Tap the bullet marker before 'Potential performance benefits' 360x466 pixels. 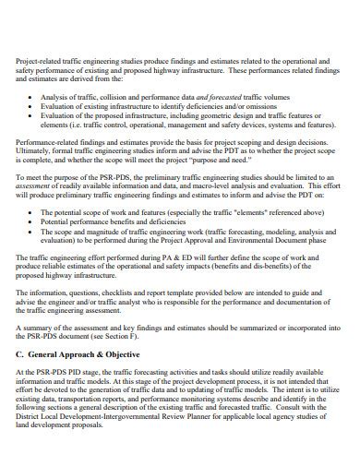coord(44,222)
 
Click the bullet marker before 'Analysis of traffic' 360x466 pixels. coord(44,96)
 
